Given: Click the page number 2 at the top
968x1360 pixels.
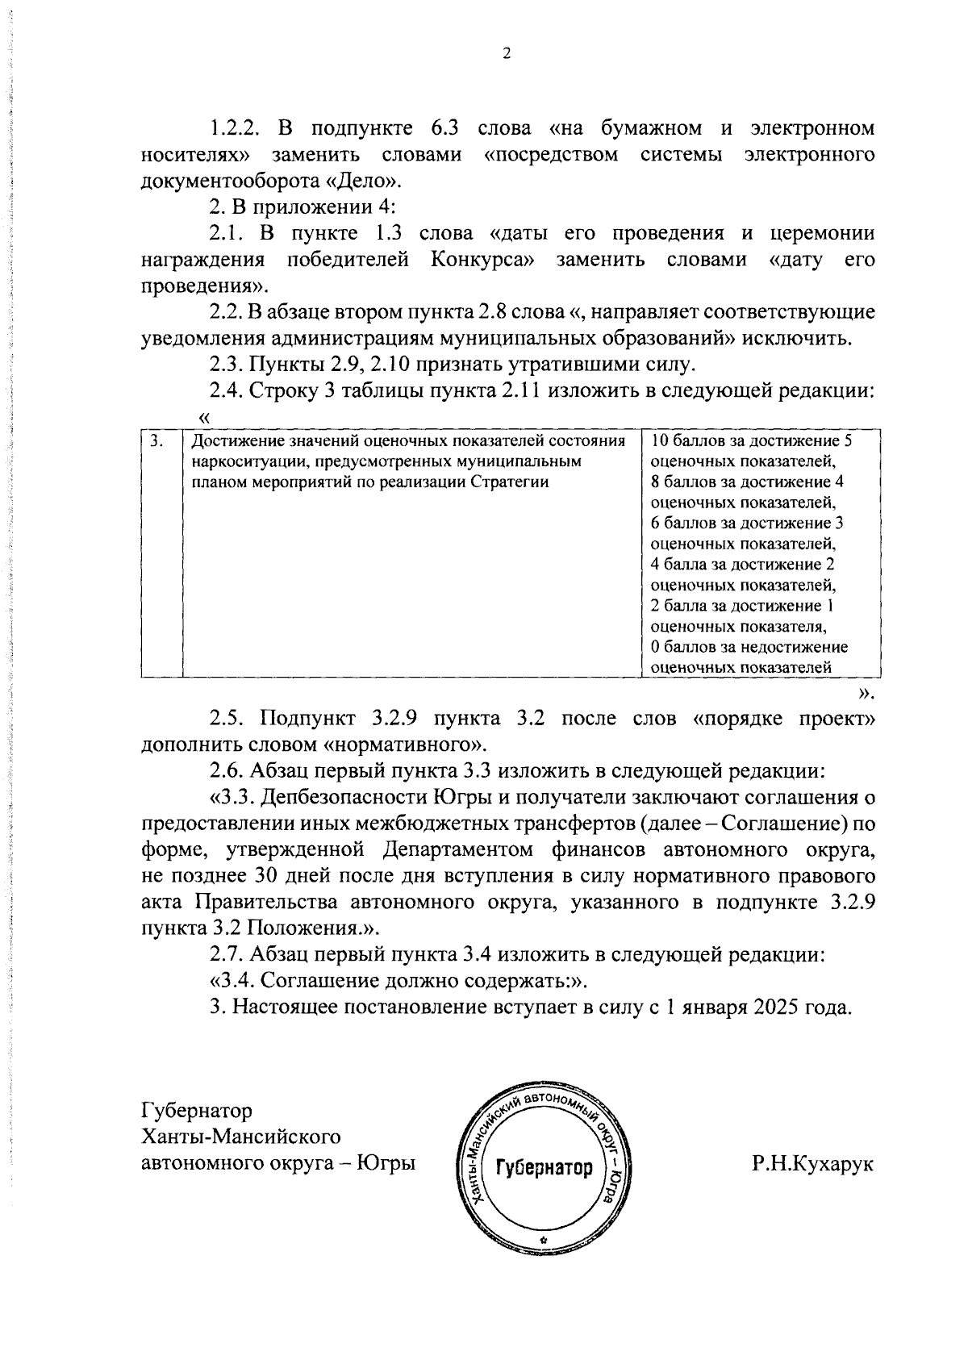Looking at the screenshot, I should tap(506, 54).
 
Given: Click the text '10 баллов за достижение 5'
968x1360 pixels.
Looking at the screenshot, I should tap(751, 441).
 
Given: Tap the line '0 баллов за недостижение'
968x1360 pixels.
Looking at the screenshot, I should tap(749, 647).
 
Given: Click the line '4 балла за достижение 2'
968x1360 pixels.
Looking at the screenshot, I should tap(742, 565).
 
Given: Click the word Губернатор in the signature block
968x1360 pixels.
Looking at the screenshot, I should tap(197, 1111).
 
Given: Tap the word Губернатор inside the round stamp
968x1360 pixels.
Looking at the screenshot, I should tap(543, 1168).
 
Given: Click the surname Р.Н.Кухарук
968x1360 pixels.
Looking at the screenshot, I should tap(812, 1164).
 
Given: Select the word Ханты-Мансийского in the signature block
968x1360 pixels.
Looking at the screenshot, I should tap(241, 1137).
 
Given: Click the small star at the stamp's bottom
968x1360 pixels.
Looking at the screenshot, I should tap(544, 1239).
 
